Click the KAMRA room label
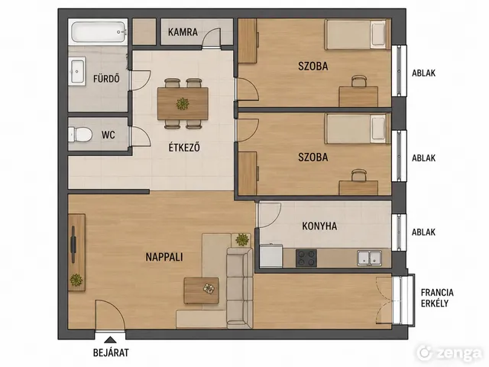[183, 32]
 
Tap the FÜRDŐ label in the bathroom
[106, 78]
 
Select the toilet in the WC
[79, 135]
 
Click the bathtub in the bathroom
[99, 32]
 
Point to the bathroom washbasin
[77, 71]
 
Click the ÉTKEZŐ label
[184, 148]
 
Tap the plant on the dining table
[183, 104]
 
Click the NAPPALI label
[164, 257]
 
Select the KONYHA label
[319, 226]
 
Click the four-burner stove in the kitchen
[306, 258]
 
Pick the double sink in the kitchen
[370, 258]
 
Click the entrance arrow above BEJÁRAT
[109, 339]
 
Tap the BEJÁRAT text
[111, 352]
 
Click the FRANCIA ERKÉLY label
[437, 297]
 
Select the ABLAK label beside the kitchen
[423, 232]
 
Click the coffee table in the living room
[201, 291]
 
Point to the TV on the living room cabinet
[73, 245]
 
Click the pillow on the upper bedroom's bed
[378, 34]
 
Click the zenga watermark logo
[449, 352]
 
